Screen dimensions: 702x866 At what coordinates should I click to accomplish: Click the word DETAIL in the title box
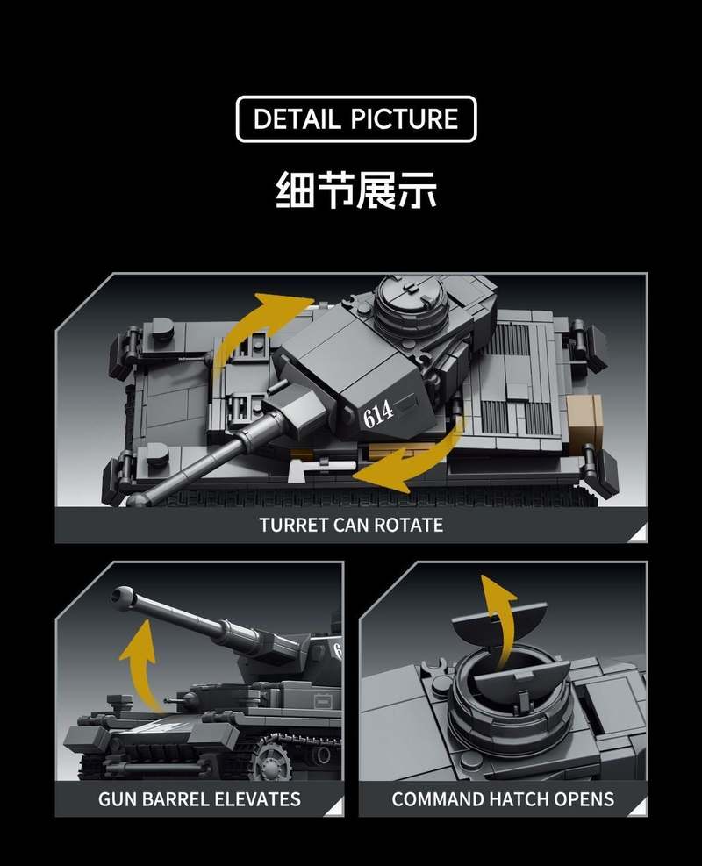pos(297,119)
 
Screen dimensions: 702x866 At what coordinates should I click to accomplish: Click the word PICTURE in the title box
pos(404,119)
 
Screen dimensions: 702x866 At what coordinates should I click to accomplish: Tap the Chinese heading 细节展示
pos(356,190)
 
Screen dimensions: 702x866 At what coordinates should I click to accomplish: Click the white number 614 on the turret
pos(378,412)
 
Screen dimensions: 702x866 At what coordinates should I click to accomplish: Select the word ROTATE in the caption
pos(411,525)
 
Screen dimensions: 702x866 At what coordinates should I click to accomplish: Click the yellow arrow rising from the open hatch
pos(498,619)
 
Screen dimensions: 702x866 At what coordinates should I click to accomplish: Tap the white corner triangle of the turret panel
pos(638,533)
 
